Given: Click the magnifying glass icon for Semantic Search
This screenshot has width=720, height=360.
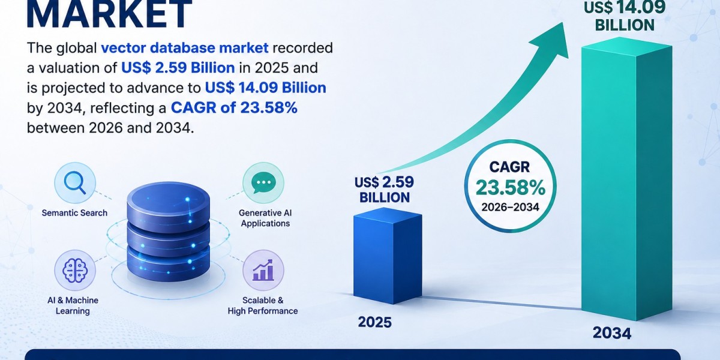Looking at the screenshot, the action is [x=74, y=183].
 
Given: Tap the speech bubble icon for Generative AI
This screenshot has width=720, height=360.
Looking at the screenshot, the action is [x=263, y=182].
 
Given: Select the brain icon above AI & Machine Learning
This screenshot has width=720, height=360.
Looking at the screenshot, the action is [x=75, y=271].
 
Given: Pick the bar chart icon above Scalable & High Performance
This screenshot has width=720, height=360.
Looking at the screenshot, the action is [x=263, y=270].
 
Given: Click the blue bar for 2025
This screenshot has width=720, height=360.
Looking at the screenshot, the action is [x=388, y=256].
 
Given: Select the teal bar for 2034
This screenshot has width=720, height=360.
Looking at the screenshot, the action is [x=626, y=179].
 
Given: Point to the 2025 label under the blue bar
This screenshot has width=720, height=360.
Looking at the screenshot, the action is [x=375, y=322].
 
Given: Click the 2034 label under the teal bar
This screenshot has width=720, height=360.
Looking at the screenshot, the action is [x=612, y=333].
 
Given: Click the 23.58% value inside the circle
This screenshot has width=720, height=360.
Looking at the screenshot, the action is [x=511, y=187].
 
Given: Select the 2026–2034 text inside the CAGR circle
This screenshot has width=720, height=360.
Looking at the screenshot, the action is [x=511, y=207].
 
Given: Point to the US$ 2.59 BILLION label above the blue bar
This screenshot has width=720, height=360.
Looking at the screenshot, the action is [x=385, y=190].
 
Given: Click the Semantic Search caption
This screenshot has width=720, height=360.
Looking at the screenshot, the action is [x=74, y=213].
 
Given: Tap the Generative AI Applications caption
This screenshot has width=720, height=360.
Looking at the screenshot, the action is [x=265, y=218].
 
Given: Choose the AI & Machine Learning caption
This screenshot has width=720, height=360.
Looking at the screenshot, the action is [x=73, y=305].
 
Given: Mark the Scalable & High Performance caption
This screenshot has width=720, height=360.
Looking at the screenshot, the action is [x=263, y=305].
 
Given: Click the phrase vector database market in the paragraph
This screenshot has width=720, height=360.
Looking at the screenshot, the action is [x=185, y=48].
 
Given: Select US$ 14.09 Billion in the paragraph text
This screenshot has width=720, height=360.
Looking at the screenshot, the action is [x=265, y=88].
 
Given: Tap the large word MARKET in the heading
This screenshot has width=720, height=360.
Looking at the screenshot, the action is [x=109, y=14].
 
